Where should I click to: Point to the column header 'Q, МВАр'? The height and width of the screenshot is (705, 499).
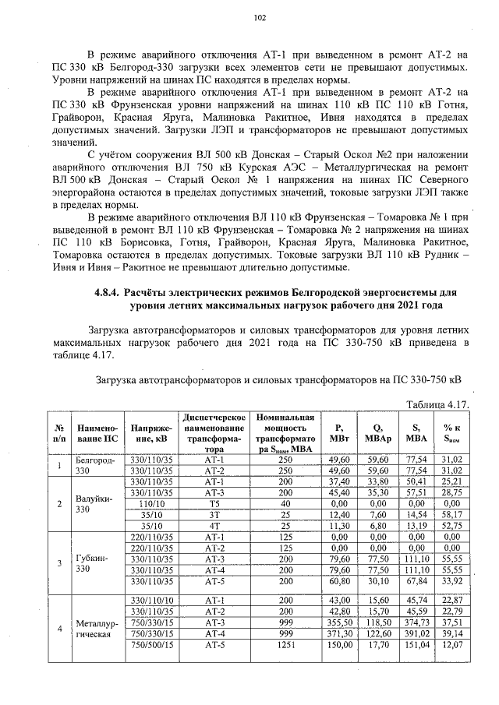point(377,432)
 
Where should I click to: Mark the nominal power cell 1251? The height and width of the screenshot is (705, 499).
point(285,645)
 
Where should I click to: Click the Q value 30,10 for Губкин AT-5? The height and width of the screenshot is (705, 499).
point(377,580)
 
